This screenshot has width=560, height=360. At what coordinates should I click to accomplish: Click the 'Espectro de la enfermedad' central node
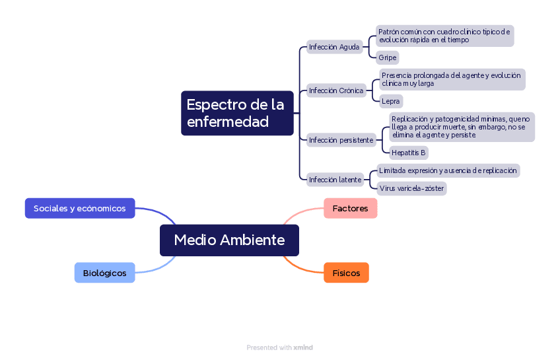(237, 113)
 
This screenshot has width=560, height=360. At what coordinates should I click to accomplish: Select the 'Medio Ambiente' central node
(229, 240)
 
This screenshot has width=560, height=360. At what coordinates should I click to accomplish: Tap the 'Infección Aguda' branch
(334, 47)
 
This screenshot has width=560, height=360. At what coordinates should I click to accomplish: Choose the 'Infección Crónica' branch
(336, 90)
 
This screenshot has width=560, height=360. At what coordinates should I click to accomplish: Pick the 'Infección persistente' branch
(341, 140)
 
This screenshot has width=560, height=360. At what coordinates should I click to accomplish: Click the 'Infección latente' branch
(335, 180)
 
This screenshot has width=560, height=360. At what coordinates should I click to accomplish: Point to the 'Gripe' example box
(388, 57)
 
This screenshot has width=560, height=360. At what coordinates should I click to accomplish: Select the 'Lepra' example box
(391, 101)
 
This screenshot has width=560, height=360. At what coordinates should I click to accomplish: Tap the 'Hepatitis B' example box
(409, 153)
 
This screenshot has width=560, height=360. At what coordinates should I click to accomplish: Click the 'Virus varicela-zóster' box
(412, 188)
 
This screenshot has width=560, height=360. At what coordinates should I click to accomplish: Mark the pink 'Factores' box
(351, 208)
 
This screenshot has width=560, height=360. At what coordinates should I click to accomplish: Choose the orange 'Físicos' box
(346, 273)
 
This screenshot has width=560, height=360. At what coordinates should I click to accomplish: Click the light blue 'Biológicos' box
(104, 273)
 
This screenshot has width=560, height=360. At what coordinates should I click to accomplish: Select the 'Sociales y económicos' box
(80, 208)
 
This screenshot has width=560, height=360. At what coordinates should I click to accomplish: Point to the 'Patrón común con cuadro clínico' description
(444, 36)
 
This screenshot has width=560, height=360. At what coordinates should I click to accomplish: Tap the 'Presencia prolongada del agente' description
(452, 79)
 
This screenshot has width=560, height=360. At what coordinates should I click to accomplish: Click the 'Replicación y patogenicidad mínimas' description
(462, 127)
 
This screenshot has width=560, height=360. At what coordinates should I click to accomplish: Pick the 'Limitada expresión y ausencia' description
(448, 170)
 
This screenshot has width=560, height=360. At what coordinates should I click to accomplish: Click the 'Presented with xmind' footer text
(279, 347)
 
